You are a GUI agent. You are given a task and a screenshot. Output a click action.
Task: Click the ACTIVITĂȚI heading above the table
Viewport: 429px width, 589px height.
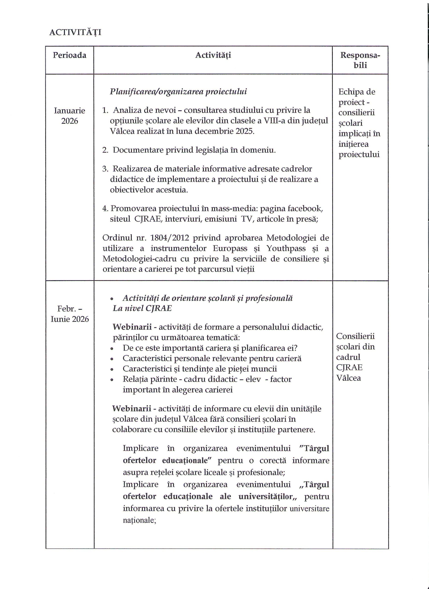75,32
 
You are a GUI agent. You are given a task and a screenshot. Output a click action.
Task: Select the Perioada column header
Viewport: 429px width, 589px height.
69,55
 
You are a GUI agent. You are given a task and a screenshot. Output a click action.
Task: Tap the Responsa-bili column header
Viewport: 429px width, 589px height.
360,60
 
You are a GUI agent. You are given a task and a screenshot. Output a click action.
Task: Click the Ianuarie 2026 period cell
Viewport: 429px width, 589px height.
69,116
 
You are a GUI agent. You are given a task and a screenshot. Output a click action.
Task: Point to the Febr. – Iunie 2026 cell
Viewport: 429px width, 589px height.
70,314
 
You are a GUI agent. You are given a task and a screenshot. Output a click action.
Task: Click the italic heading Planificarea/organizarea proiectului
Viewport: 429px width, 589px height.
178,92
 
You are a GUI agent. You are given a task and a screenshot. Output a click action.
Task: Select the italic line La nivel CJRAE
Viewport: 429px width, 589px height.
142,308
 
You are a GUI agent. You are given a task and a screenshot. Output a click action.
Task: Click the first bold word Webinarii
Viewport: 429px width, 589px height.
132,327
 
